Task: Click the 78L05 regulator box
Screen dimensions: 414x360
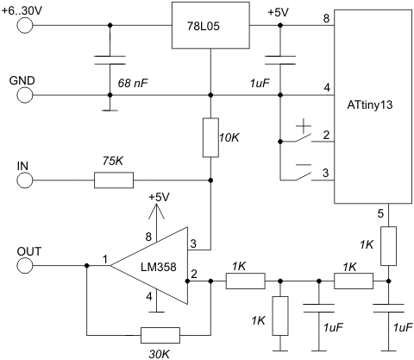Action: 210,25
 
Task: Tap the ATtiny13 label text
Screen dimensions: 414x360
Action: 370,104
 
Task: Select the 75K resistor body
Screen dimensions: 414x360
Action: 114,180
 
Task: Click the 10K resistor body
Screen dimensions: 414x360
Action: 210,137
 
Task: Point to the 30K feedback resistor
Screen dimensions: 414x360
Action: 160,335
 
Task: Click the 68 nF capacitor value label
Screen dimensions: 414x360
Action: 133,84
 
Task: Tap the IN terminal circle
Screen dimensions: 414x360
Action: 25,180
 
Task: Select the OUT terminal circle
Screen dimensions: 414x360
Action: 25,265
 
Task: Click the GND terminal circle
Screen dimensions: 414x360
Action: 25,95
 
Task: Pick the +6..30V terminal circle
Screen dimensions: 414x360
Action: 25,25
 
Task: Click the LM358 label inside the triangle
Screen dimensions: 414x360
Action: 159,267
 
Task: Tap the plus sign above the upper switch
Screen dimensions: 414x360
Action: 304,126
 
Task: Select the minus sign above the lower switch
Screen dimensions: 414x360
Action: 304,165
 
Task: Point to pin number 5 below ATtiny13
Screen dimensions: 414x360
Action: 380,214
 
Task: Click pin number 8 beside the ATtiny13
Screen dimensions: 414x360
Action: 326,18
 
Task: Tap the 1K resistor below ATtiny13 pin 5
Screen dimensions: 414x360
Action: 388,246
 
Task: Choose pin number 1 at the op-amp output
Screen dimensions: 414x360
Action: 105,260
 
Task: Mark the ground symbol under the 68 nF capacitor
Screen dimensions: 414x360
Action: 110,110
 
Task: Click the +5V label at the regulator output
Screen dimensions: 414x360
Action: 279,13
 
